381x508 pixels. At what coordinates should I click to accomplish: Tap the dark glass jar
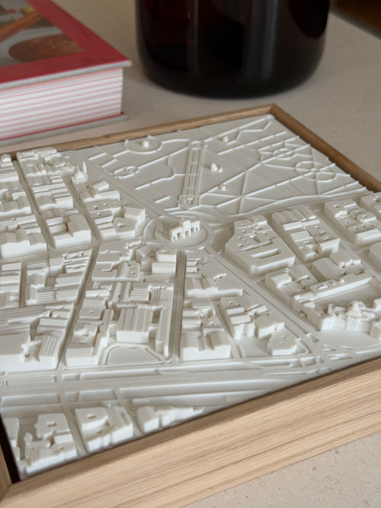(229, 46)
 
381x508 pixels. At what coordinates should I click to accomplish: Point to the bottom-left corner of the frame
(8, 487)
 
